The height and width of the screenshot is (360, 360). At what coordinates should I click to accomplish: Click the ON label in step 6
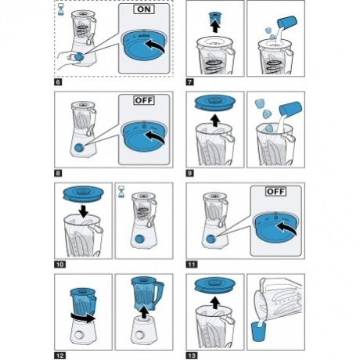point(144,9)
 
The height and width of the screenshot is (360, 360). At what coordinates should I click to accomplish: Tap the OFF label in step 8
point(144,100)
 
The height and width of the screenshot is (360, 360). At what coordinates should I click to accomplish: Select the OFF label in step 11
point(275,192)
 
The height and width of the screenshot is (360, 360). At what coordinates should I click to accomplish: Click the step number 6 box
point(58,82)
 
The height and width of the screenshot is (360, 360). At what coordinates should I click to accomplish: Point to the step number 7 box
point(190,82)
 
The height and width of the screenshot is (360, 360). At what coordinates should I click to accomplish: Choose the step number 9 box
point(190,173)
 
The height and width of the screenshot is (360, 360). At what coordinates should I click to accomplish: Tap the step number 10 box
point(59,265)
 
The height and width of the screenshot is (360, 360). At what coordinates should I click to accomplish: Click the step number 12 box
point(59,355)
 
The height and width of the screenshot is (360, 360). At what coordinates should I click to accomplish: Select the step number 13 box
point(192,355)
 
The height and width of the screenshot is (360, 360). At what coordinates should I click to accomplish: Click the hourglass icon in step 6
point(60,9)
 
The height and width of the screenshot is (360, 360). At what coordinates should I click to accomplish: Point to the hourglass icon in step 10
point(121,192)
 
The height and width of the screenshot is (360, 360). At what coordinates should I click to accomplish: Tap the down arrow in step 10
point(84,211)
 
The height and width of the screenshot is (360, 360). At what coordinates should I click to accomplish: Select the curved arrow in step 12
point(83,318)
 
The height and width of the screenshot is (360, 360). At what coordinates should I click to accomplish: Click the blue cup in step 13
point(258,332)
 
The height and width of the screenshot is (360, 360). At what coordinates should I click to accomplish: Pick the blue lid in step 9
point(215,102)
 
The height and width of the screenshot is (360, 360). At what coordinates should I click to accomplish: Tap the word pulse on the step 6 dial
point(144,35)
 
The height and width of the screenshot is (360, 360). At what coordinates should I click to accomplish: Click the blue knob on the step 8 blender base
point(78,148)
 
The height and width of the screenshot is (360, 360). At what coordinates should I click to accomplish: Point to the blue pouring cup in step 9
point(290,109)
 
